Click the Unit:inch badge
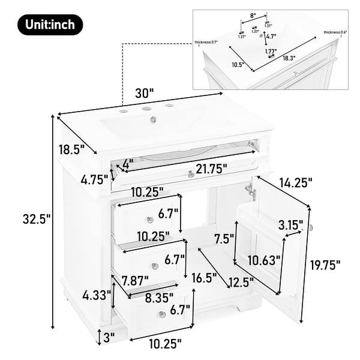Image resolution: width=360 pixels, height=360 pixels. point(50,25)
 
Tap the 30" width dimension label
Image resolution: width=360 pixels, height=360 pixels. point(144,93)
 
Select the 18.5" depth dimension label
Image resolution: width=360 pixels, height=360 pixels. point(70,148)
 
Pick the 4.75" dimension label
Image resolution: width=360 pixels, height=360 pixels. point(95,178)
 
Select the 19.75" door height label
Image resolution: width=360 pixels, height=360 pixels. point(325,264)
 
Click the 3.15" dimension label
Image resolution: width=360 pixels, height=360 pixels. point(290,225)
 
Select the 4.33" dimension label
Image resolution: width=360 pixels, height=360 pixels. point(95,295)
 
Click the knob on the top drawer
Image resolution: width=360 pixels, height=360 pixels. point(150,220)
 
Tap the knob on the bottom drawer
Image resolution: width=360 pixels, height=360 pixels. point(162,314)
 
